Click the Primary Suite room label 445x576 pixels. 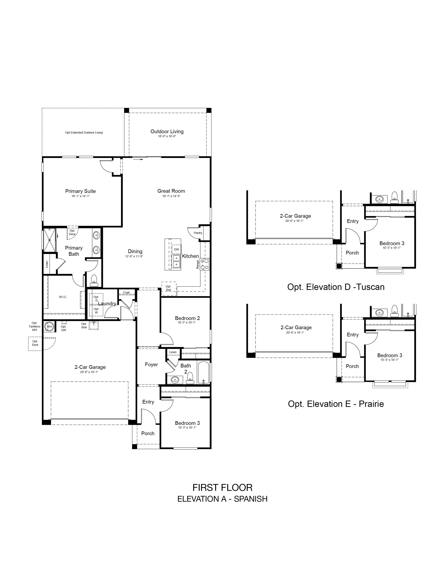point(80,191)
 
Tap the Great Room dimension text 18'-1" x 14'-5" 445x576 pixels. point(171,196)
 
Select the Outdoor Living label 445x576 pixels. point(167,131)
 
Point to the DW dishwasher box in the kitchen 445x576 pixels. point(176,249)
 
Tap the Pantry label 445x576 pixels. point(198,233)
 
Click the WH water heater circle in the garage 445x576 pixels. point(49,327)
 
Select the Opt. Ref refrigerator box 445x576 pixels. point(169,289)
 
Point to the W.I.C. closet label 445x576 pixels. point(63,297)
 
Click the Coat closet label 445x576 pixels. point(127,292)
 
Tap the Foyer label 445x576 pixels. point(151,364)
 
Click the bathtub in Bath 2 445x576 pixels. point(203,373)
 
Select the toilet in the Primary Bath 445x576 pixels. point(94,280)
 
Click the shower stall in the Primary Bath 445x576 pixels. point(50,240)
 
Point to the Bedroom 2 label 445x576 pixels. point(187,318)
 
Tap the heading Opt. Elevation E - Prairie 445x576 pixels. point(336,404)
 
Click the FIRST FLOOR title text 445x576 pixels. point(222,488)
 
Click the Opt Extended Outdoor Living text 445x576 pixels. point(84,133)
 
